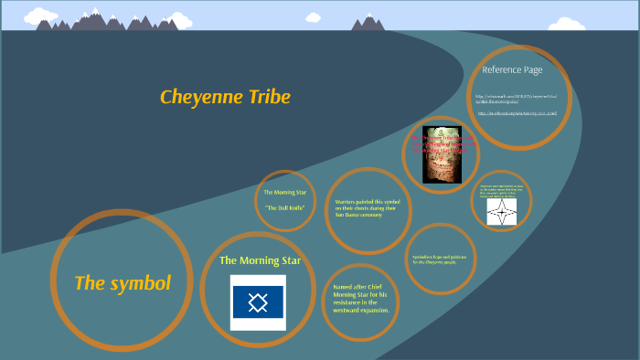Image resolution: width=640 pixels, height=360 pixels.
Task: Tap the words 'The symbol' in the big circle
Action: (x=123, y=283)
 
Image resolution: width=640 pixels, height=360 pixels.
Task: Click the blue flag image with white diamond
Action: (x=258, y=302)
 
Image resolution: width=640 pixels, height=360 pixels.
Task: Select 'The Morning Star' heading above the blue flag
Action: (x=260, y=260)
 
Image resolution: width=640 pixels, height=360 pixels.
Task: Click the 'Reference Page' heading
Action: (x=512, y=69)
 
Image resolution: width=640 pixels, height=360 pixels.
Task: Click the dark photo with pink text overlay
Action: (x=441, y=154)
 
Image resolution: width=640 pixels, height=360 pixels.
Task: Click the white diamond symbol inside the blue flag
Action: (x=258, y=302)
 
